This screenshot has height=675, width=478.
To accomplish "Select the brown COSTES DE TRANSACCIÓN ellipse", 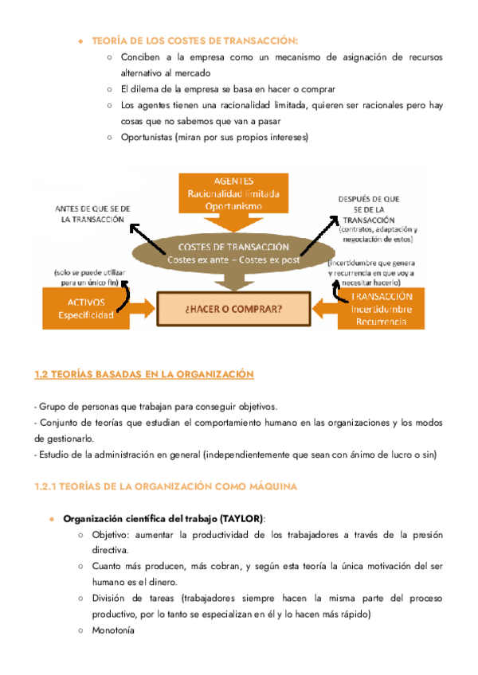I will pos(229,253).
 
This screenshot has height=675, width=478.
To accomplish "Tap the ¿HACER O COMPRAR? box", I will pos(228,306).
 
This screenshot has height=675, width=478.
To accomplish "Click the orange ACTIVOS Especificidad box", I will pos(92,307).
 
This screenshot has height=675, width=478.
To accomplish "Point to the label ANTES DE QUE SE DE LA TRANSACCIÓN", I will pos(92,213).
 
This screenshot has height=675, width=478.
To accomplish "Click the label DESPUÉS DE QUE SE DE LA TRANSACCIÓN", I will pos(370,209).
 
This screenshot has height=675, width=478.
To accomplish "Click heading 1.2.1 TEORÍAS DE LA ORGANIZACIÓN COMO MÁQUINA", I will pos(167,486).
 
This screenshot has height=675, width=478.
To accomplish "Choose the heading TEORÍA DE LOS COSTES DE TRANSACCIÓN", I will pos(195,40).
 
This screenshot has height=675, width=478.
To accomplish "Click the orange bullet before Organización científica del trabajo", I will pos(52,518).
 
